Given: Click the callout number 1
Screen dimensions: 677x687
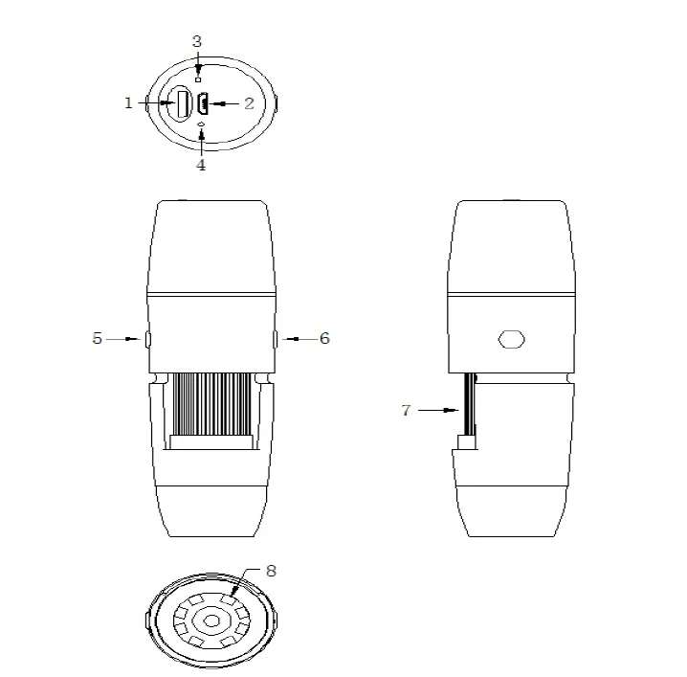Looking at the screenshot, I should click(x=129, y=102).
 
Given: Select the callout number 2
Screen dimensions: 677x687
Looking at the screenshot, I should click(x=249, y=103).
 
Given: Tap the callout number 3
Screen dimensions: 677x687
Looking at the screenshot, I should click(x=197, y=41).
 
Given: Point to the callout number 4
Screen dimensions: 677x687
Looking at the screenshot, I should click(x=201, y=165).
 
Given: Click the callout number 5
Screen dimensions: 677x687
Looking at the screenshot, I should click(x=98, y=338).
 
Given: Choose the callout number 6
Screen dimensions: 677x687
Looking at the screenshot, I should click(x=324, y=338).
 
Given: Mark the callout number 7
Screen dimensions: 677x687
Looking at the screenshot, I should click(x=406, y=410).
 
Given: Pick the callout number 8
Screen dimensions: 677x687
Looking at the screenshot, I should click(x=271, y=571).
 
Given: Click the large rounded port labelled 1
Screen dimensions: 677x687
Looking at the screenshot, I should click(x=180, y=103).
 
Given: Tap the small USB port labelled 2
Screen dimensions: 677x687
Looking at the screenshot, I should click(x=204, y=102).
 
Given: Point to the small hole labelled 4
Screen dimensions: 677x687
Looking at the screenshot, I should click(x=201, y=125).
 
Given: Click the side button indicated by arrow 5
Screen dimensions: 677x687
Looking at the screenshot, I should click(x=145, y=338).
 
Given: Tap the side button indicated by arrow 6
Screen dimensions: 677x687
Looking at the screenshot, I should click(x=276, y=338).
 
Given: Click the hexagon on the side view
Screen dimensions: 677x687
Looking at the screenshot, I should click(x=512, y=339).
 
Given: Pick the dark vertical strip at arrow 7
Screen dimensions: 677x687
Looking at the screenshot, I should click(x=469, y=406).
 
